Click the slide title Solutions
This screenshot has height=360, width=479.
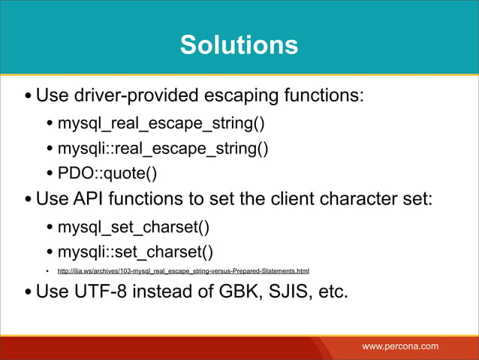pyautogui.click(x=239, y=45)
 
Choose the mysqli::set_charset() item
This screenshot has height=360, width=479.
pyautogui.click(x=135, y=251)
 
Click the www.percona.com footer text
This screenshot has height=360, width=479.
pyautogui.click(x=400, y=346)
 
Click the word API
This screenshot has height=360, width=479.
pyautogui.click(x=95, y=201)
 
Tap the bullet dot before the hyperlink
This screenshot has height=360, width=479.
pyautogui.click(x=47, y=271)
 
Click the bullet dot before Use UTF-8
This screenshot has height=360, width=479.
pyautogui.click(x=28, y=292)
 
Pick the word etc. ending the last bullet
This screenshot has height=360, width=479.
pyautogui.click(x=333, y=291)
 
